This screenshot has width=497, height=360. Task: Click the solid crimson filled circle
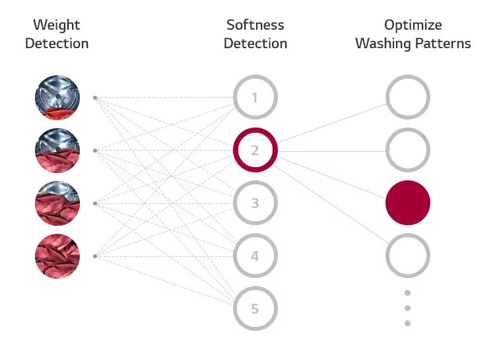[408, 203]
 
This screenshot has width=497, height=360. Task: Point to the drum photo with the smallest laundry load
[57, 97]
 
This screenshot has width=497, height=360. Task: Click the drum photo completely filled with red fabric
[57, 256]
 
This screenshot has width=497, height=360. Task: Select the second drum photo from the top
[57, 151]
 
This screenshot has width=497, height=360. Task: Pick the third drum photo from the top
[57, 203]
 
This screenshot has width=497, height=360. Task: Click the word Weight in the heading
[56, 25]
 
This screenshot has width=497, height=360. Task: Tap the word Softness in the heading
[255, 24]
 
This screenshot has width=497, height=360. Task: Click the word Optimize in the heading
[413, 25]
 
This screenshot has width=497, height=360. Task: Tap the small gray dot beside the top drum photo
[95, 98]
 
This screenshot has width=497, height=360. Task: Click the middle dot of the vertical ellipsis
[408, 308]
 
